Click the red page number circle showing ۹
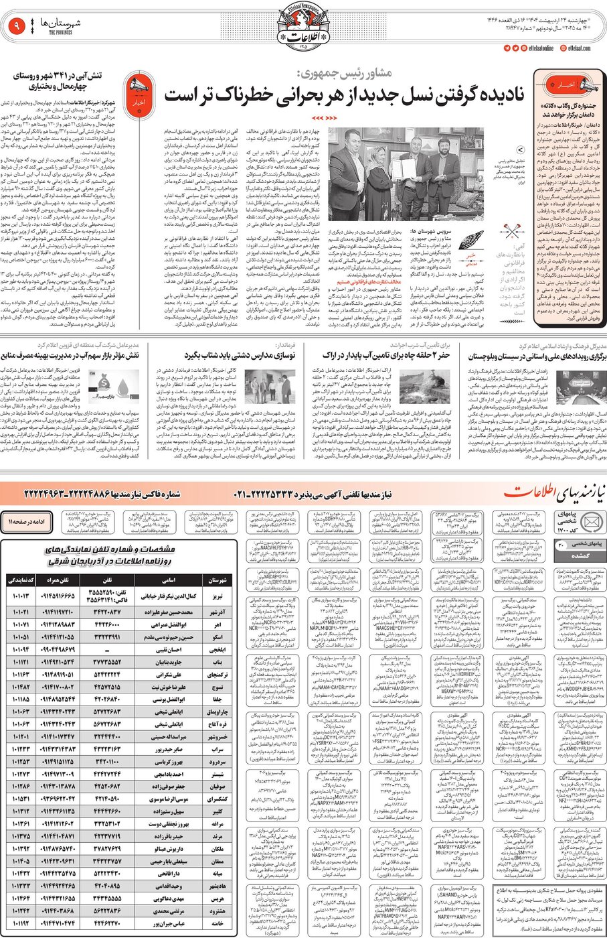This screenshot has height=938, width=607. coord(15,27)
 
